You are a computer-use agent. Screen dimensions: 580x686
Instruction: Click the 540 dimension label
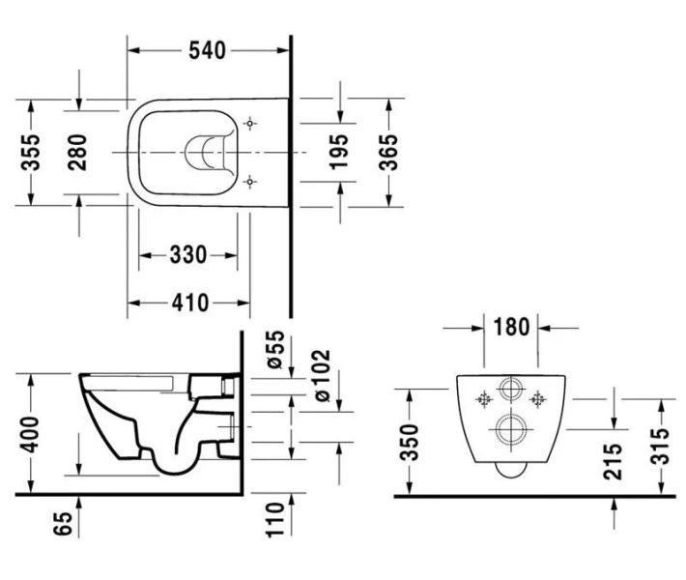tap(207, 50)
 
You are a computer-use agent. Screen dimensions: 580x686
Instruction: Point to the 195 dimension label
tap(339, 152)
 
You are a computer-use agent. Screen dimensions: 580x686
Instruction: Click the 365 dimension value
tap(389, 151)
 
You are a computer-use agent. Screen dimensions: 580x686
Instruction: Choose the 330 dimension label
tap(187, 255)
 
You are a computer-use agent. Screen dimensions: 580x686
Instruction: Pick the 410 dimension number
tap(190, 303)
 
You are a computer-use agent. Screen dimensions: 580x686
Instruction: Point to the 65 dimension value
tap(64, 526)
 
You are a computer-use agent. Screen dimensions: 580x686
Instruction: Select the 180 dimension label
tap(510, 327)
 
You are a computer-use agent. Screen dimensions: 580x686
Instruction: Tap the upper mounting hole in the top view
tap(251, 124)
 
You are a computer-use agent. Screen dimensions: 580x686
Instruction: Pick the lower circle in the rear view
tap(510, 428)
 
